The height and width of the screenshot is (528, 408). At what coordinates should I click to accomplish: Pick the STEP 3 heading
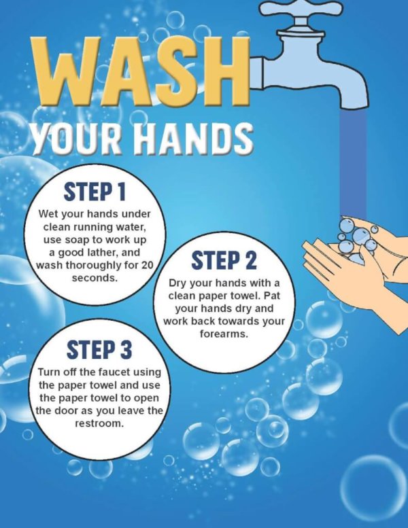coord(99,350)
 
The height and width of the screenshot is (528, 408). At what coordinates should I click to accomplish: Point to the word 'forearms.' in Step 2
coord(224,334)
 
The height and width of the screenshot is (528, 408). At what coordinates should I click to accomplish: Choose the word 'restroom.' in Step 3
coord(100,423)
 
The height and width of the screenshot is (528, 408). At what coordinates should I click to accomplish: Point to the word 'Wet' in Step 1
coord(50,215)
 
